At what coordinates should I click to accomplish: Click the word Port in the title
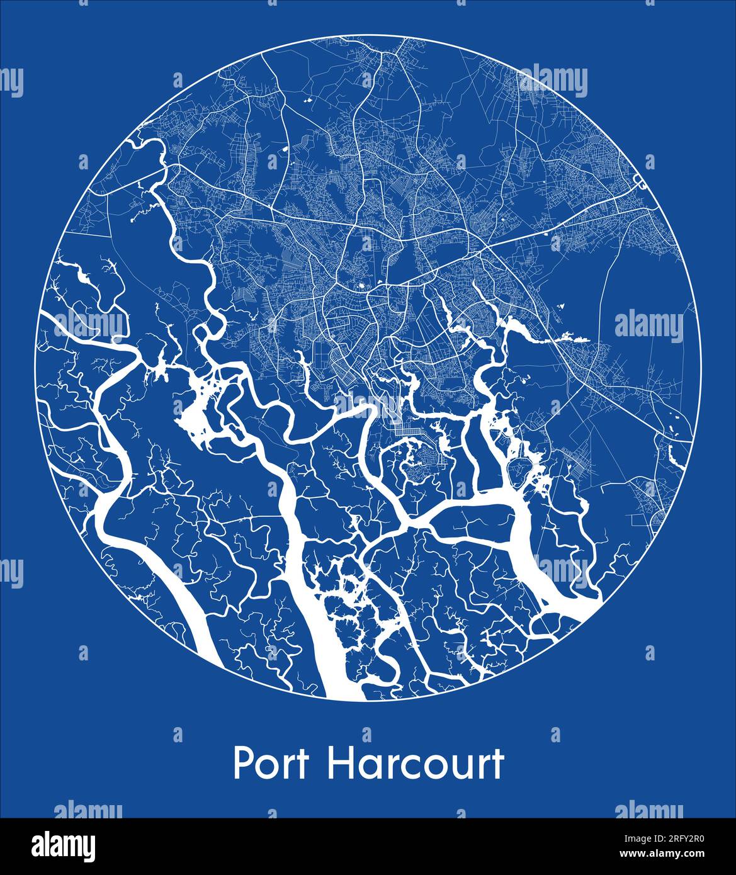pos(271,764)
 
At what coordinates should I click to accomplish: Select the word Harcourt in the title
pos(416,764)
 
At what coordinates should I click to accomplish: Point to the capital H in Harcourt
pos(338,764)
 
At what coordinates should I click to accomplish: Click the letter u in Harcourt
pos(456,767)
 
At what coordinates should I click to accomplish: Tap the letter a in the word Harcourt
pos(367,767)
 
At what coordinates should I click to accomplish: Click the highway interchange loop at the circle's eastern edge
pos(637,183)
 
